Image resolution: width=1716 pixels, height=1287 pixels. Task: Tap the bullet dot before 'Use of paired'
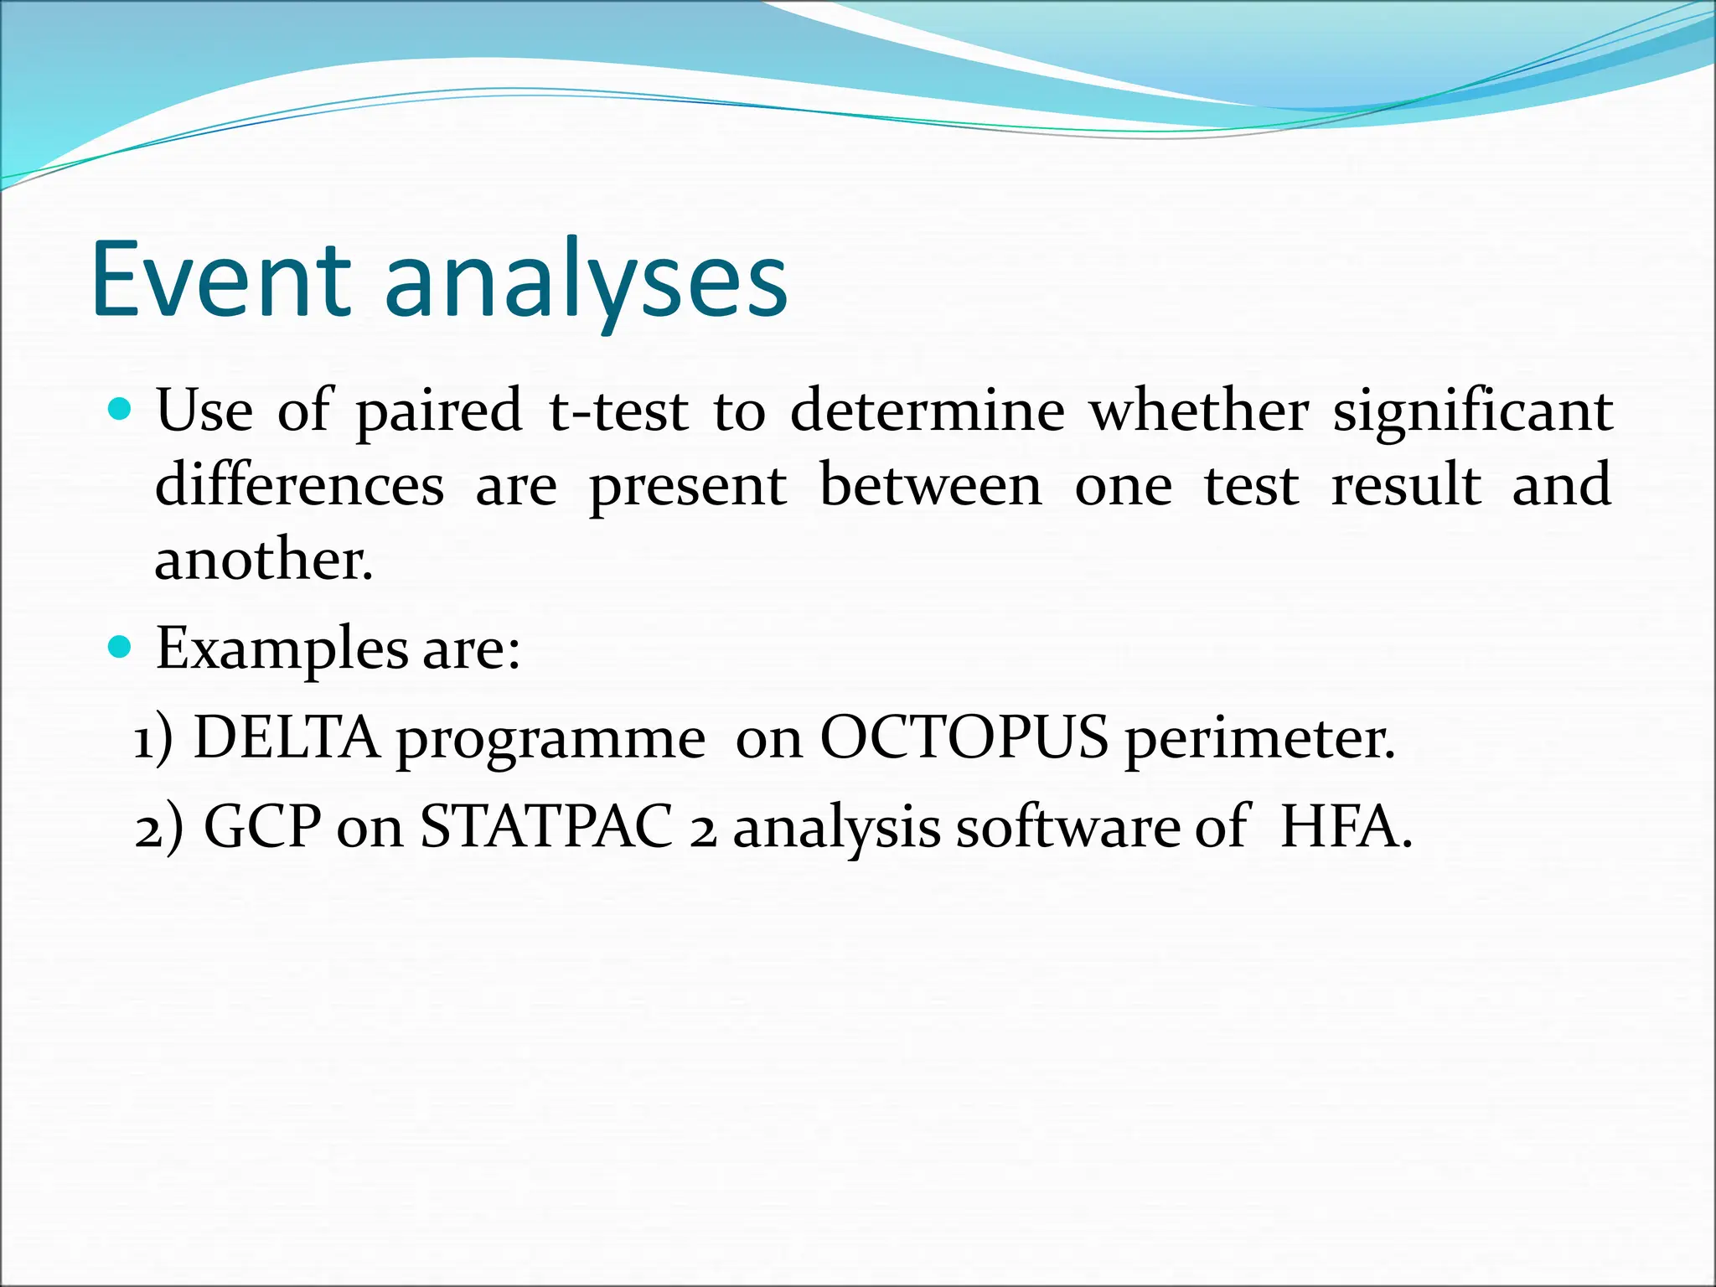tap(121, 410)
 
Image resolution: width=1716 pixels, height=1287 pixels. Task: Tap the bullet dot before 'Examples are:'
tap(121, 648)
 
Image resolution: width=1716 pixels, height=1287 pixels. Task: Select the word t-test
tap(618, 411)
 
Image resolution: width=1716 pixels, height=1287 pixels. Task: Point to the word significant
tap(1473, 411)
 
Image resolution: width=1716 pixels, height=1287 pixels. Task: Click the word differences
tap(299, 485)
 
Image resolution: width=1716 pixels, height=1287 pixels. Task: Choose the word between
tap(930, 485)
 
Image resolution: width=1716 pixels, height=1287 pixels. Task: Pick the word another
tap(262, 559)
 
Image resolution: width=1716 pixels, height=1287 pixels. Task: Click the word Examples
tap(282, 649)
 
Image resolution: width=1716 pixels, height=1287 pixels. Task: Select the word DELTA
tap(286, 738)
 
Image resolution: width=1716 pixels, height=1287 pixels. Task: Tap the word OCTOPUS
tap(964, 738)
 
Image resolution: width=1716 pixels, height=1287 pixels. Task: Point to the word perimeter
tap(1259, 740)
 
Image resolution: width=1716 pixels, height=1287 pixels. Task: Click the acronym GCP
tap(262, 827)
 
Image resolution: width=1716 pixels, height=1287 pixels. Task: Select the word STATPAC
tap(546, 827)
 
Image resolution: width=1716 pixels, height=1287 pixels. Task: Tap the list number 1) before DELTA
tap(153, 740)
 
